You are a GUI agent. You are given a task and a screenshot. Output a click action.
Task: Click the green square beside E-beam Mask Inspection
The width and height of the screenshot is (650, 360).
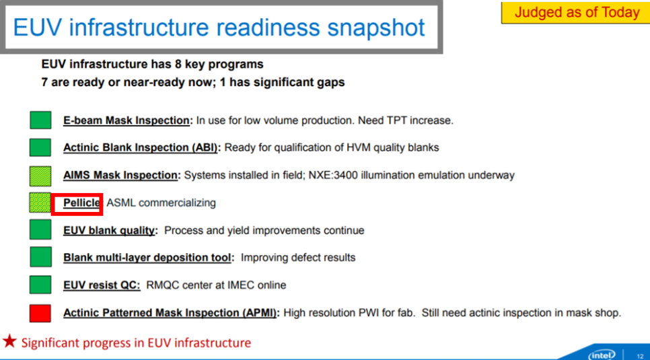pos(40,120)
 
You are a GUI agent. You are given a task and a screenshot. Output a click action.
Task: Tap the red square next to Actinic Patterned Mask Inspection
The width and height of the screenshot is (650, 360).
pos(40,313)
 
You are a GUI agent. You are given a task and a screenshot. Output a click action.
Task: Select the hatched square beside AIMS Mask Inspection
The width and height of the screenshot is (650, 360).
pos(40,176)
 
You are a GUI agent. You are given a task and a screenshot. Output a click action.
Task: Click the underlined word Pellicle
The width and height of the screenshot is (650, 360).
pos(81,203)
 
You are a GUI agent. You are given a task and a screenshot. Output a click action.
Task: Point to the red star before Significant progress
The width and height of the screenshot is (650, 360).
pos(9,342)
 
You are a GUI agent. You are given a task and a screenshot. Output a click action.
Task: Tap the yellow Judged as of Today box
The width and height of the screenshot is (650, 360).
pos(575,13)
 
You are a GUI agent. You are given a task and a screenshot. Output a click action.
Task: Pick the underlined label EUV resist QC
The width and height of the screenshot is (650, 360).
pos(102,285)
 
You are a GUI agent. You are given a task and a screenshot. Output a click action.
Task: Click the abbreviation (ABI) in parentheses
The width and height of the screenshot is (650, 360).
pos(206,147)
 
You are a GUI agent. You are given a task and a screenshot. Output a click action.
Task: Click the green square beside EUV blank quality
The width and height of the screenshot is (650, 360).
pos(40,229)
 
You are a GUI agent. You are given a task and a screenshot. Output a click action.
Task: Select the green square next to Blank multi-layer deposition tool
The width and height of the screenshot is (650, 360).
pos(40,257)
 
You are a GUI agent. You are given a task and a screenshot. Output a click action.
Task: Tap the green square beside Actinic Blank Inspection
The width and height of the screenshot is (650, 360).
pos(40,147)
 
